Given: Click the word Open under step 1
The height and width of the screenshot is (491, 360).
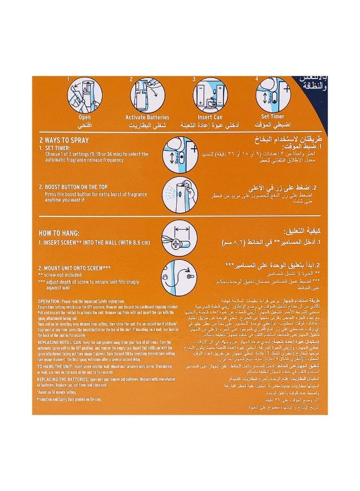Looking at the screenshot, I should tap(85, 117).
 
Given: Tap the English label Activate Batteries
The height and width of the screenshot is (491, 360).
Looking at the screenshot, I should tap(147, 117).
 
